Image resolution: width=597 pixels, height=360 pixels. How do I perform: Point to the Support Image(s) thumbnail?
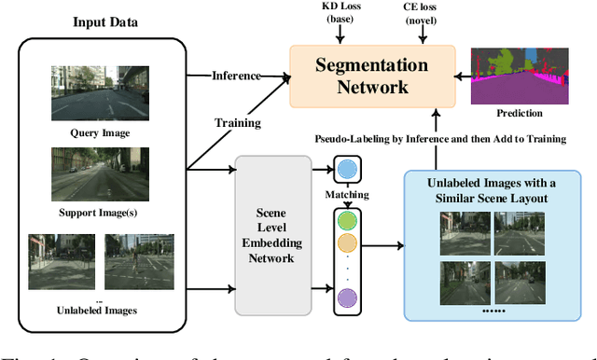(x=99, y=174)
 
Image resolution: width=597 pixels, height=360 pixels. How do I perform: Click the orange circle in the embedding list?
(x=347, y=244)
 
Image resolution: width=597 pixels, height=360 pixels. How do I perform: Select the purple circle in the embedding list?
(x=347, y=298)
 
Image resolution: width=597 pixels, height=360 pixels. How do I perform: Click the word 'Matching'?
(x=347, y=195)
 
